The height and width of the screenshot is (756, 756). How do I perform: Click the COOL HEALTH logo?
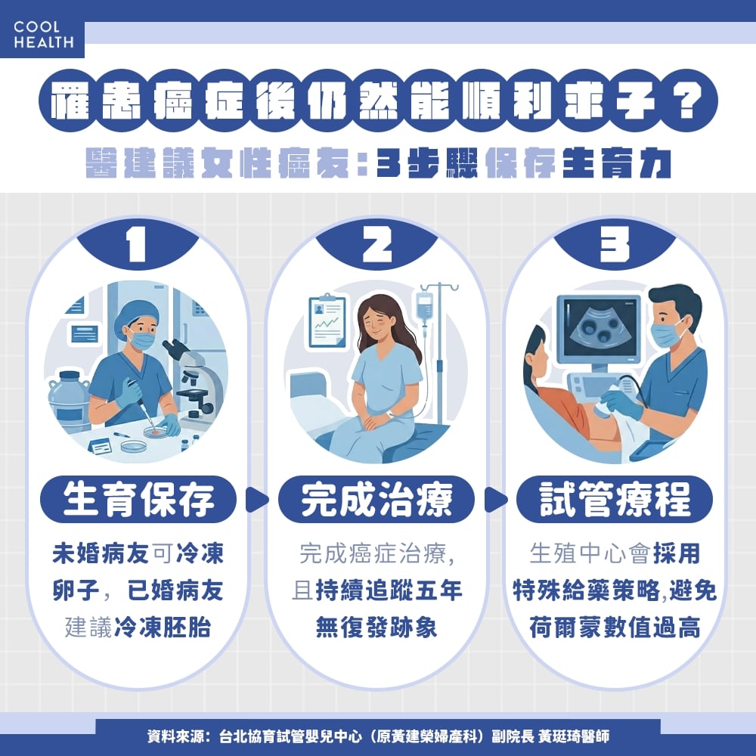tap(43, 35)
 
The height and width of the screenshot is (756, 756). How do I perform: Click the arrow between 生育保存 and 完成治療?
tap(258, 500)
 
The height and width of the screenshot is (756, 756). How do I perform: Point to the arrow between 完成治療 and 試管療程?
tap(495, 500)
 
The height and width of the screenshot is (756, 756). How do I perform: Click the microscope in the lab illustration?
tap(193, 378)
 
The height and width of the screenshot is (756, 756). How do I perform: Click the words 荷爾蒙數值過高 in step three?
tap(614, 627)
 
